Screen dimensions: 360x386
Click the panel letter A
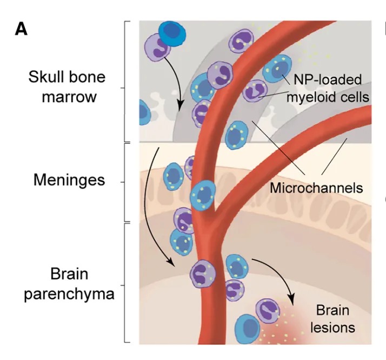point(21,29)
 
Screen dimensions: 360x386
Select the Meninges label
point(69,179)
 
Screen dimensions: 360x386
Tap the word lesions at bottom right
point(335,326)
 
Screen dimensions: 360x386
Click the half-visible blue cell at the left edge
point(143,112)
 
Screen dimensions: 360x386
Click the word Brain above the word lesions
point(332,311)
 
